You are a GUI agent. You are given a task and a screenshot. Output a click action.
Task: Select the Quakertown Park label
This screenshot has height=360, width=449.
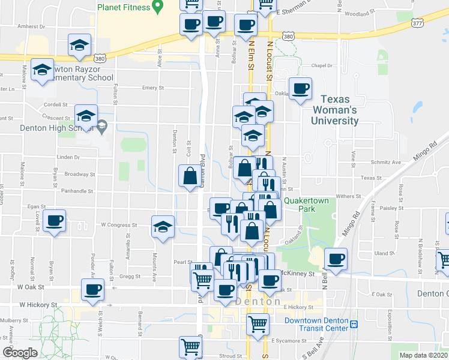click(308, 205)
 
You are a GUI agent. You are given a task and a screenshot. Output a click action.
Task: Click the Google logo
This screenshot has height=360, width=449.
click(19, 352)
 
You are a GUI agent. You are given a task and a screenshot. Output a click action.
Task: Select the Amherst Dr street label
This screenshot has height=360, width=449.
click(32, 26)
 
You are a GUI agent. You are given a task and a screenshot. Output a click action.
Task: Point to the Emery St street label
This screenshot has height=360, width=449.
click(153, 88)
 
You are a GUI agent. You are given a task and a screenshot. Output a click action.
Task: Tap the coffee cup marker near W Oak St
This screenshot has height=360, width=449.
click(93, 289)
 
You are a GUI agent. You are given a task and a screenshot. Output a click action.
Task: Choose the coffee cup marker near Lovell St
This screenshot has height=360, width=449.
click(55, 220)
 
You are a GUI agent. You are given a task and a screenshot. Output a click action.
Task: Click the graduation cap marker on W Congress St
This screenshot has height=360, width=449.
click(163, 227)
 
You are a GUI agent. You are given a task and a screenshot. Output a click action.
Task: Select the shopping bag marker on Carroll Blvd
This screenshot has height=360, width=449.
click(190, 176)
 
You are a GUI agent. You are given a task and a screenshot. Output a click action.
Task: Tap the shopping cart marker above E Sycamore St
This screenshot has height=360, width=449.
click(258, 324)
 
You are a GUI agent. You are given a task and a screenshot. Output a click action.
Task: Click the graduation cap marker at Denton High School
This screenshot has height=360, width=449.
click(86, 115)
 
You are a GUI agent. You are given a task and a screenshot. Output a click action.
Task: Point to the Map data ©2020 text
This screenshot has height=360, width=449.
click(423, 355)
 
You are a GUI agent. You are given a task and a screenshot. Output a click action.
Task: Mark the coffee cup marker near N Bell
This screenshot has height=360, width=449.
click(336, 259)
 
